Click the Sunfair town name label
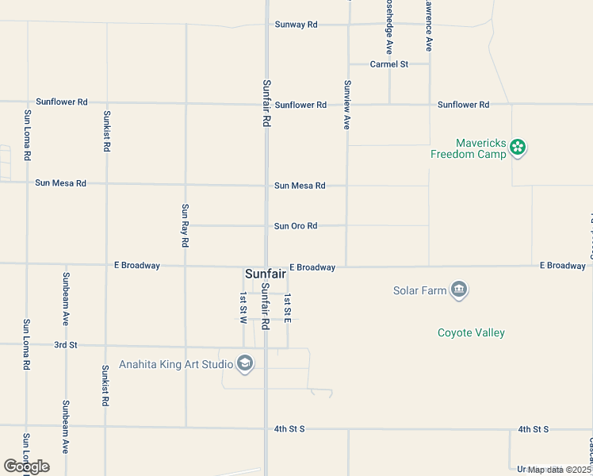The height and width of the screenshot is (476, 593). [x=265, y=274]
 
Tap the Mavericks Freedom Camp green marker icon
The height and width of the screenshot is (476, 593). [x=518, y=146]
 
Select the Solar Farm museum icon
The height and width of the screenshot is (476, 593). [x=459, y=290]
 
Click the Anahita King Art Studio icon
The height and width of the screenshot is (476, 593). [x=245, y=364]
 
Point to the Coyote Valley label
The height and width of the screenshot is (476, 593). [x=471, y=333]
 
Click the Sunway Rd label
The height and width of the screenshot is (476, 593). [x=296, y=25]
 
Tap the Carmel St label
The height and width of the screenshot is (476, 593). [x=388, y=64]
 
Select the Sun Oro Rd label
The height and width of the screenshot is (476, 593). [x=296, y=226]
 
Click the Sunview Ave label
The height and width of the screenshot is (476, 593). [x=346, y=105]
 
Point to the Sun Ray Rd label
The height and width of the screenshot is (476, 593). [x=185, y=225]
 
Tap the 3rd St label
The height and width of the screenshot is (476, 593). [x=66, y=345]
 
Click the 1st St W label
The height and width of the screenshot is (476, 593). [x=243, y=308]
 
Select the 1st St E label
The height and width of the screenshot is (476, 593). [x=288, y=309]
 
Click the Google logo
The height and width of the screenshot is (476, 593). [x=26, y=466]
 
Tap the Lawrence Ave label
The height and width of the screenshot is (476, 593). [x=428, y=25]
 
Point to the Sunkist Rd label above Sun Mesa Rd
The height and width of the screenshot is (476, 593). [x=106, y=131]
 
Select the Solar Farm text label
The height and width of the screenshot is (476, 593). [x=420, y=290]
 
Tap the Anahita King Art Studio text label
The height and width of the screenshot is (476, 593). [x=176, y=365]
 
